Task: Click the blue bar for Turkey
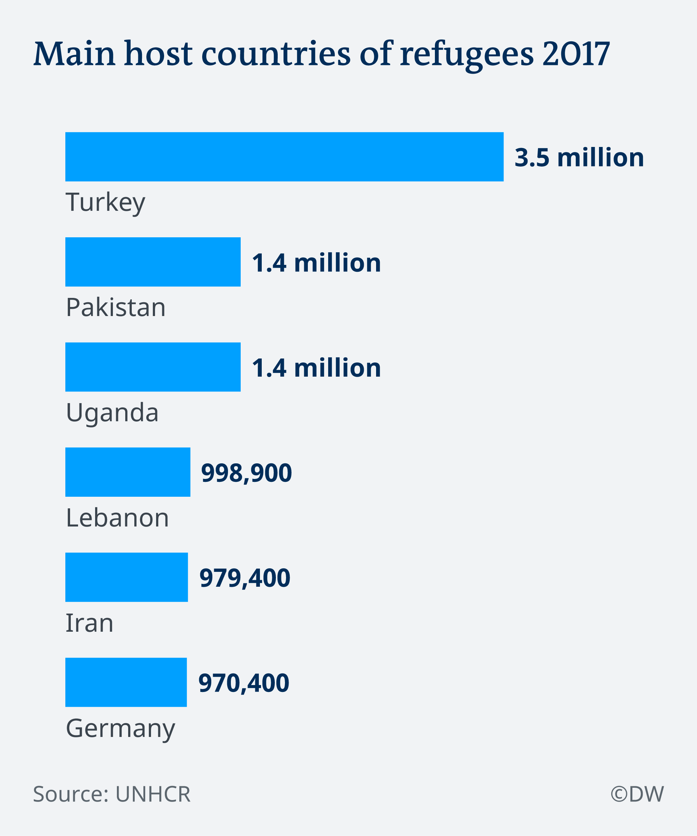pos(284,157)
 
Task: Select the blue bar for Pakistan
pos(152,262)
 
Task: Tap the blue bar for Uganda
pos(152,367)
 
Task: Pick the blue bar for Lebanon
pos(127,472)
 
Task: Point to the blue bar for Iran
pos(126,577)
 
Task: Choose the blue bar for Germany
pos(126,683)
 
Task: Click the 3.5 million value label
pos(579,157)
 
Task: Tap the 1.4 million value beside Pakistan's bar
pos(316,263)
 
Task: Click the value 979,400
pos(245,578)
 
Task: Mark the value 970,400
pos(243,683)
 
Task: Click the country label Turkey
pos(106,202)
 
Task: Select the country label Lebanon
pos(117,518)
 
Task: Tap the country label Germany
pos(120,729)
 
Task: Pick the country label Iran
pos(89,623)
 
